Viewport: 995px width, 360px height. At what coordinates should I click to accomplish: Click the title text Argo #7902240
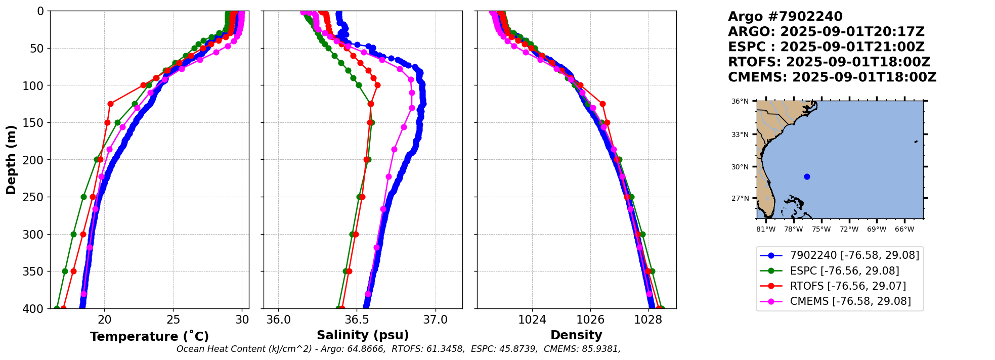[785, 17]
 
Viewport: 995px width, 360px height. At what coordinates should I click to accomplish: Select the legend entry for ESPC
[844, 271]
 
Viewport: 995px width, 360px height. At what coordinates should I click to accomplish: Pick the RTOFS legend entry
[848, 286]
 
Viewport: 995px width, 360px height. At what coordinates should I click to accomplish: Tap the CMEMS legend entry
[850, 301]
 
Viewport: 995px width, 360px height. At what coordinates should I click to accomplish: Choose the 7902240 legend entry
[854, 256]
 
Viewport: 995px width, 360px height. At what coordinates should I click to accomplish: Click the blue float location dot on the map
[807, 176]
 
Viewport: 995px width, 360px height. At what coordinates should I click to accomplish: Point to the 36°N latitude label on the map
[740, 102]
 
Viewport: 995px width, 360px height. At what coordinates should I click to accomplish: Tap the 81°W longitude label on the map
[766, 230]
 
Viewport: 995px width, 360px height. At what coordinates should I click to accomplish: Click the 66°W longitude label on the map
[904, 230]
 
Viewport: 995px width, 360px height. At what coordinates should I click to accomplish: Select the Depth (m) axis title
[11, 159]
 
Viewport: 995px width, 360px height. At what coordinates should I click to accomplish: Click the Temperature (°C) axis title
[149, 337]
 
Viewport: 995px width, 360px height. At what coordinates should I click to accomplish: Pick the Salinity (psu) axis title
[363, 335]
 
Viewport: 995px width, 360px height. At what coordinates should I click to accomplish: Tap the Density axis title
[576, 335]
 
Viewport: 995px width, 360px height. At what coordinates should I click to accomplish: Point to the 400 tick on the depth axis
[35, 309]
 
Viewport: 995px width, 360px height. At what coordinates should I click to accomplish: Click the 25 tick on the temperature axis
[173, 320]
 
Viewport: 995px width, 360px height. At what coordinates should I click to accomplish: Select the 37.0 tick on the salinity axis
[436, 320]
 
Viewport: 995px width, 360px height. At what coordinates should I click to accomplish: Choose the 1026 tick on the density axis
[590, 320]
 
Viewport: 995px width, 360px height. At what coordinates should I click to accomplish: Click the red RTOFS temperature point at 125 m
[110, 104]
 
